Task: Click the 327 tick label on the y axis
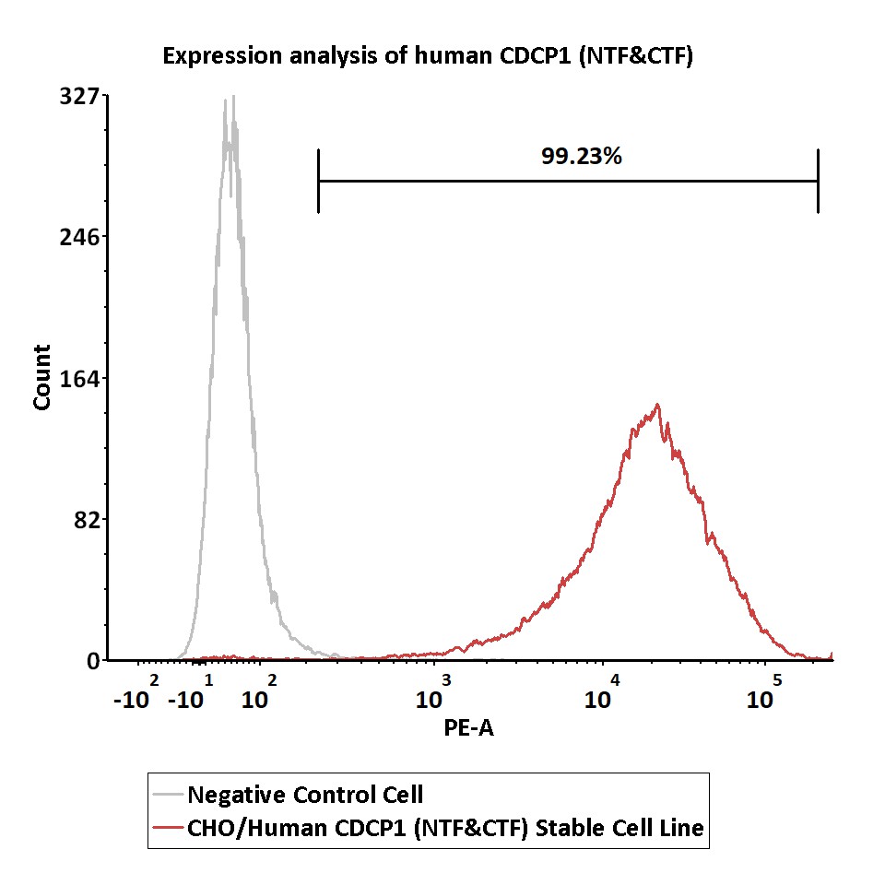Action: pyautogui.click(x=79, y=96)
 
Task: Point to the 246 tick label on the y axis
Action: pyautogui.click(x=79, y=237)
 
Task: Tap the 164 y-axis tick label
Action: pyautogui.click(x=79, y=378)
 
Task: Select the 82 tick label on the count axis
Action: pyautogui.click(x=87, y=520)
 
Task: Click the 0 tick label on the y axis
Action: pyautogui.click(x=94, y=661)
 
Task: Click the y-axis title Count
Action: pyautogui.click(x=42, y=377)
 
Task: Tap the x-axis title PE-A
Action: pyautogui.click(x=468, y=728)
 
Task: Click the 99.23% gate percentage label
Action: pyautogui.click(x=582, y=157)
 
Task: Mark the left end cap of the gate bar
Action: pyautogui.click(x=318, y=182)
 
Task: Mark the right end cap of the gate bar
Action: pyautogui.click(x=818, y=182)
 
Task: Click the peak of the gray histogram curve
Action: pyautogui.click(x=233, y=97)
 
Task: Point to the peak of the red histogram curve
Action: pyautogui.click(x=657, y=405)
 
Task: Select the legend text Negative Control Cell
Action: pyautogui.click(x=305, y=795)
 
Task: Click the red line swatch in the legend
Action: pyautogui.click(x=168, y=828)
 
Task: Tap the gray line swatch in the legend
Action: pyautogui.click(x=168, y=795)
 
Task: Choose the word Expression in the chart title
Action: pyautogui.click(x=222, y=57)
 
